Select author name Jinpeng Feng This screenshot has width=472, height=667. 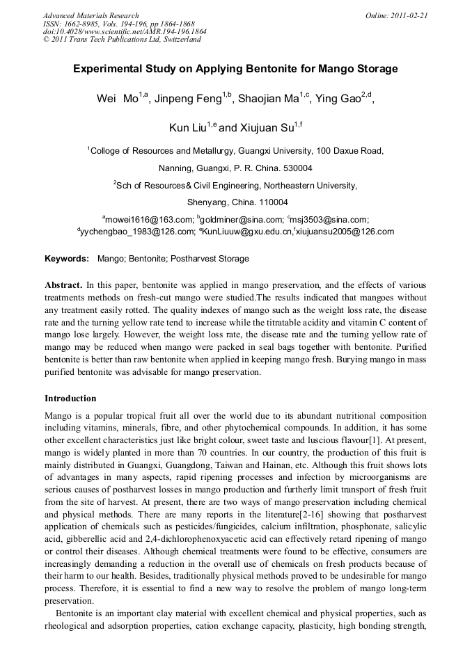194,99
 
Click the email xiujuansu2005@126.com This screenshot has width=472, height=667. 345,232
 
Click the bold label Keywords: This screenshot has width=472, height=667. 67,259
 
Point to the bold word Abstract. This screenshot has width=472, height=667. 63,285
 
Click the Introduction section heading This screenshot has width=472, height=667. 70,399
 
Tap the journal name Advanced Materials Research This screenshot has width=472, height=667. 91,15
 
